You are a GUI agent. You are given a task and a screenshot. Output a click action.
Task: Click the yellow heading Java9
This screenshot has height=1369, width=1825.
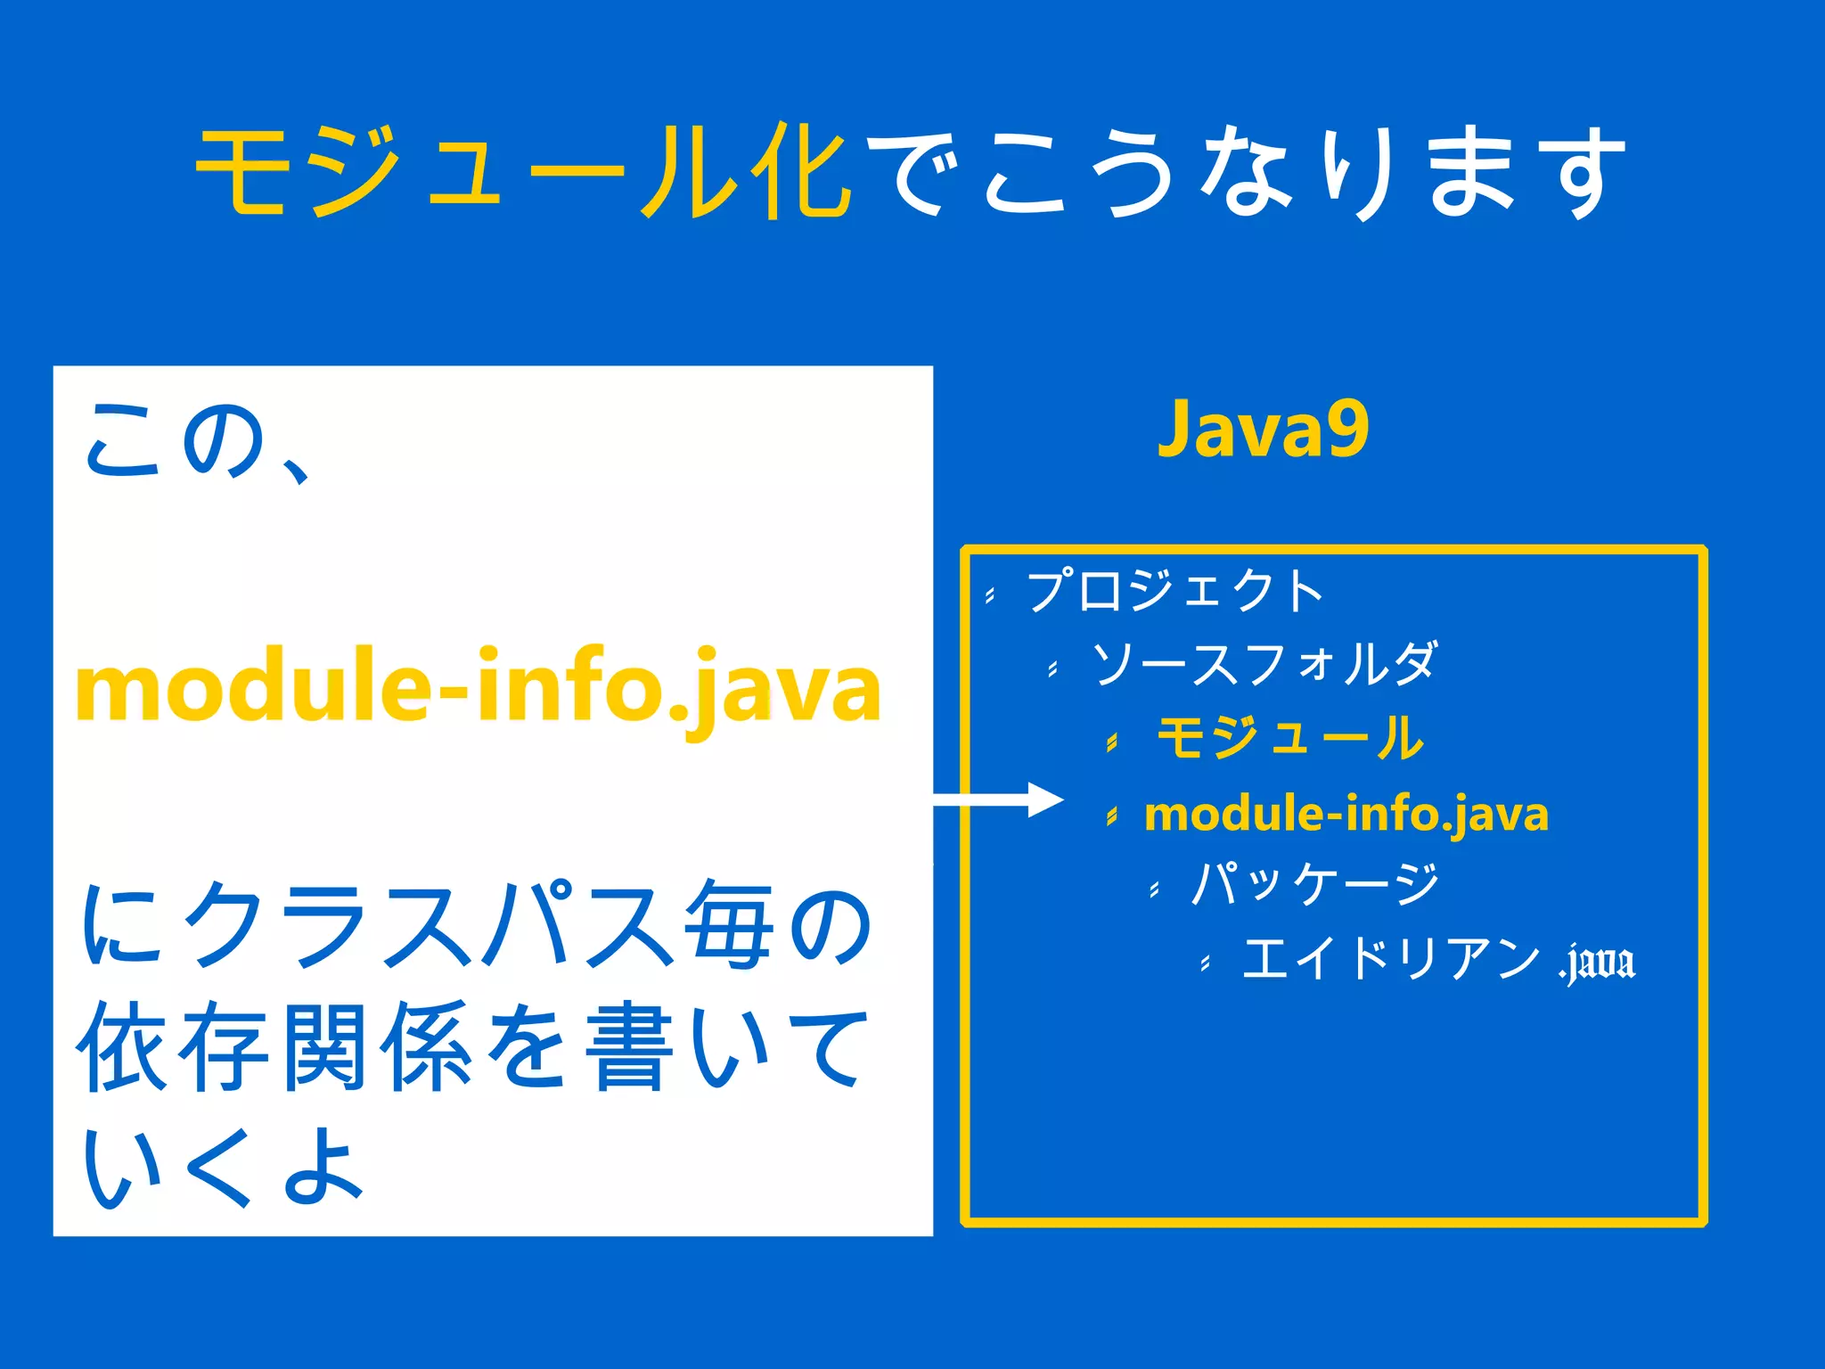(x=1262, y=430)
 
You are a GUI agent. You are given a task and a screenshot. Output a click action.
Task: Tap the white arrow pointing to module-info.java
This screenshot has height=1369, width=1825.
(x=998, y=799)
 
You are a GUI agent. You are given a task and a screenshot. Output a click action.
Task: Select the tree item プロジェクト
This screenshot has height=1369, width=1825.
(x=1174, y=591)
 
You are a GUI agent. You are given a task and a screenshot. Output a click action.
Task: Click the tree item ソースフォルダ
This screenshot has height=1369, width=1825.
(x=1264, y=664)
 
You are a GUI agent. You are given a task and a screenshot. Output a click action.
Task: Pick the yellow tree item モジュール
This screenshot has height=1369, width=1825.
(x=1289, y=738)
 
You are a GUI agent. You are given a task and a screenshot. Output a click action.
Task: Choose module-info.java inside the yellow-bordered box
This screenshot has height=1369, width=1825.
(x=1346, y=814)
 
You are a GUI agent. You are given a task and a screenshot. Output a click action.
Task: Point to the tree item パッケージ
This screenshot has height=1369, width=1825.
(x=1315, y=884)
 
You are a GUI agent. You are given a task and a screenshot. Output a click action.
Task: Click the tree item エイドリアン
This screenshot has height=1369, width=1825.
(x=1390, y=959)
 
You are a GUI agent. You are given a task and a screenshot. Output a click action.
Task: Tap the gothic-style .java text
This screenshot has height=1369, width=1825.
(x=1597, y=963)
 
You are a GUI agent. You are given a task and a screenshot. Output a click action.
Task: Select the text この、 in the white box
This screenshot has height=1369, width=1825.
(x=196, y=442)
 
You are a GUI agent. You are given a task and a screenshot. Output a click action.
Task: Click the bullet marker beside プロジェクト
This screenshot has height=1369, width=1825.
(x=990, y=595)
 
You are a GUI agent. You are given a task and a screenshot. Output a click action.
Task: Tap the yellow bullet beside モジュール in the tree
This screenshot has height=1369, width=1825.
(x=1111, y=742)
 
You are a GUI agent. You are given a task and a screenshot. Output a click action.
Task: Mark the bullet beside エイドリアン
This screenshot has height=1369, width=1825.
(x=1205, y=963)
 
